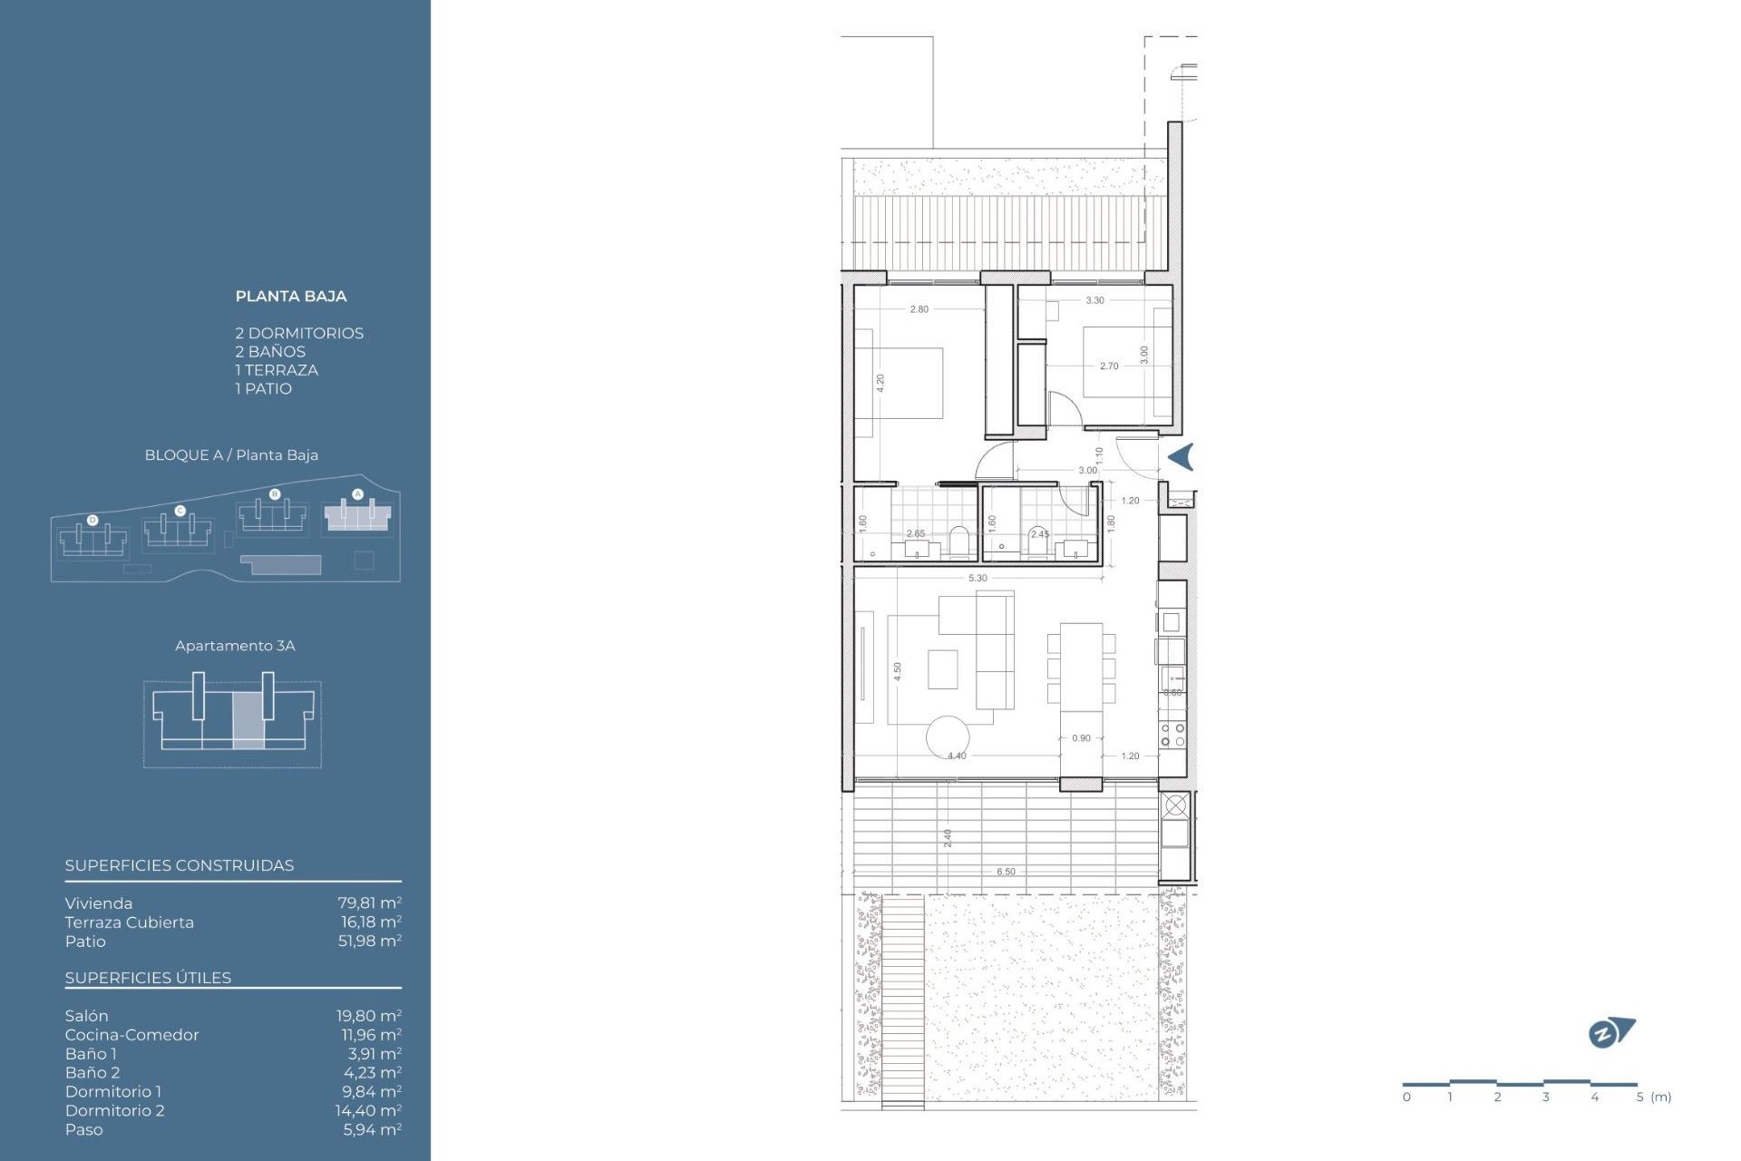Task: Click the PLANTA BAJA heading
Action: click(x=290, y=296)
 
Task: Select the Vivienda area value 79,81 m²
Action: click(x=369, y=902)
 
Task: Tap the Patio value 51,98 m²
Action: click(x=369, y=941)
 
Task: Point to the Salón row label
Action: click(x=86, y=1016)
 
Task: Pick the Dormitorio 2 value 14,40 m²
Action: click(x=368, y=1110)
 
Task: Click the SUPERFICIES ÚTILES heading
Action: click(x=148, y=978)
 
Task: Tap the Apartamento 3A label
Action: click(x=235, y=646)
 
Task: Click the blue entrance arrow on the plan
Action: click(x=1181, y=457)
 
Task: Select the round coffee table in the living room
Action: click(x=947, y=737)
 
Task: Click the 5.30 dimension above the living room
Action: click(x=977, y=578)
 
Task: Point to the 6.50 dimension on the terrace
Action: click(x=1006, y=872)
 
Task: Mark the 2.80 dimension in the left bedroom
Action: click(x=919, y=309)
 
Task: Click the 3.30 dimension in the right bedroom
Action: click(x=1094, y=300)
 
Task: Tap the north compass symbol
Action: click(x=1610, y=1032)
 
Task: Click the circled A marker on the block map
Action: click(x=357, y=494)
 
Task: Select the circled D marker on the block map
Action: click(x=92, y=520)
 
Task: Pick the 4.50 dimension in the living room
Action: click(x=897, y=671)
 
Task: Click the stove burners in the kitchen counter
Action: click(x=1172, y=735)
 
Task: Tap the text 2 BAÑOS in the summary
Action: click(x=270, y=352)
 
